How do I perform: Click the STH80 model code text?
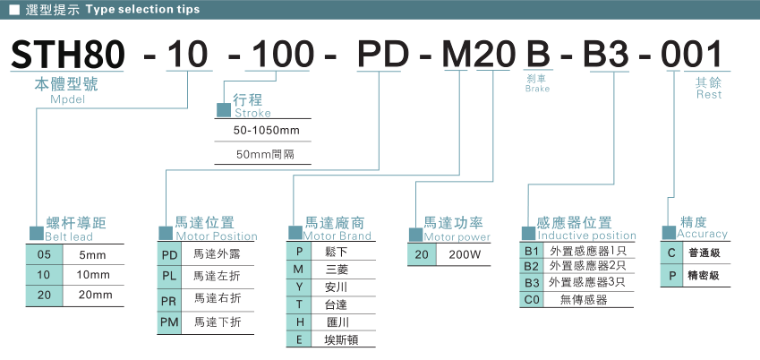pos(67,56)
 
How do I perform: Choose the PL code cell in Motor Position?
pos(169,276)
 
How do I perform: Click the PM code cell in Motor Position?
pos(169,321)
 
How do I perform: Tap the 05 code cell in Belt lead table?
pos(44,255)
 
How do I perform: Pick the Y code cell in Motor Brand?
pos(300,287)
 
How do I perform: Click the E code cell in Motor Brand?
pos(300,339)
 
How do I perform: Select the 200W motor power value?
pos(465,255)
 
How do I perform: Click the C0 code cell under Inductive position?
pos(532,299)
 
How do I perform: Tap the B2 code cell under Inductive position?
pos(532,266)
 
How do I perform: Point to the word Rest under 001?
pos(708,94)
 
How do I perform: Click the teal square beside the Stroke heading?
pos(224,108)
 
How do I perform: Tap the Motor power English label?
pos(457,237)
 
